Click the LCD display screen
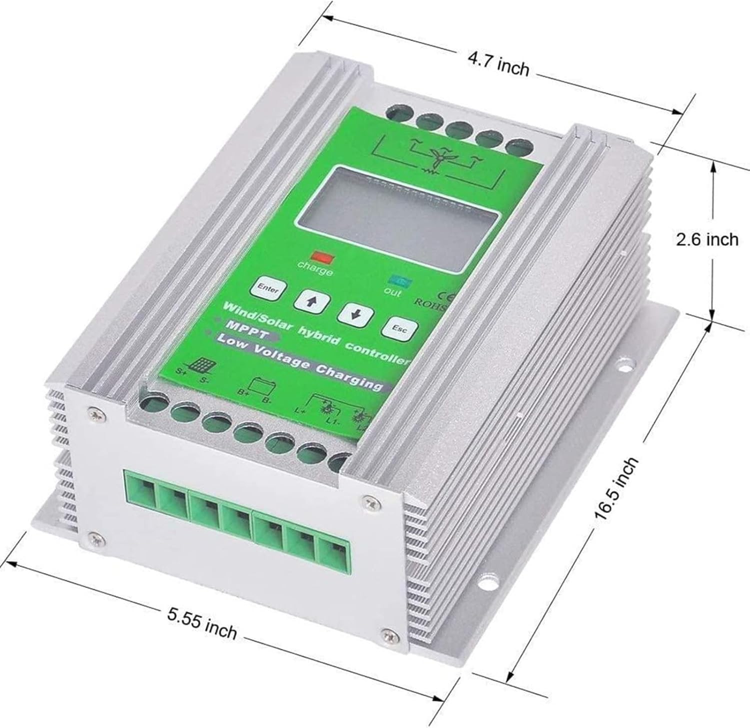pos(397,217)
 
